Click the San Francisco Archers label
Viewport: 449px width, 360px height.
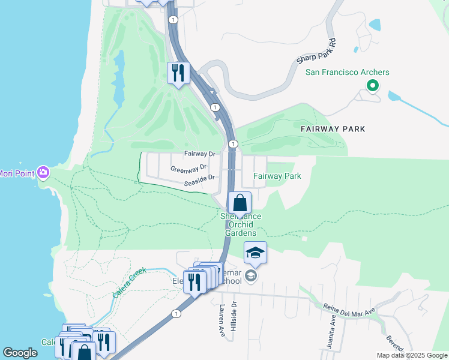click(348, 73)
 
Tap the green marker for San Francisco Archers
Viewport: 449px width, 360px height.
click(373, 86)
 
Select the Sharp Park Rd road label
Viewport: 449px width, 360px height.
click(314, 53)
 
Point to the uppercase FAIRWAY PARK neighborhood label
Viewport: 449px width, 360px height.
click(333, 129)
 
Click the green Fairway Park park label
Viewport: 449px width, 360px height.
click(277, 176)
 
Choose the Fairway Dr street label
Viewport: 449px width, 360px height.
click(199, 154)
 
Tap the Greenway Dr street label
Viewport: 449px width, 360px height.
click(188, 168)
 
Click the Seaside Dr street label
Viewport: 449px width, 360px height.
click(199, 179)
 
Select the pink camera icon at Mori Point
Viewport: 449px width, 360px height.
click(43, 173)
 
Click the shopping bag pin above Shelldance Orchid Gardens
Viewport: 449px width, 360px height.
click(240, 203)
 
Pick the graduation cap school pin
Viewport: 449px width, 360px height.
click(255, 253)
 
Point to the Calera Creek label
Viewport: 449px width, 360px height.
click(130, 283)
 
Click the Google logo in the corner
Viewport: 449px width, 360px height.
click(20, 352)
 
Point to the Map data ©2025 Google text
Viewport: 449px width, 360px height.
click(411, 355)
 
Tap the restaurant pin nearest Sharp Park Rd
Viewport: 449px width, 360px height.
click(178, 73)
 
